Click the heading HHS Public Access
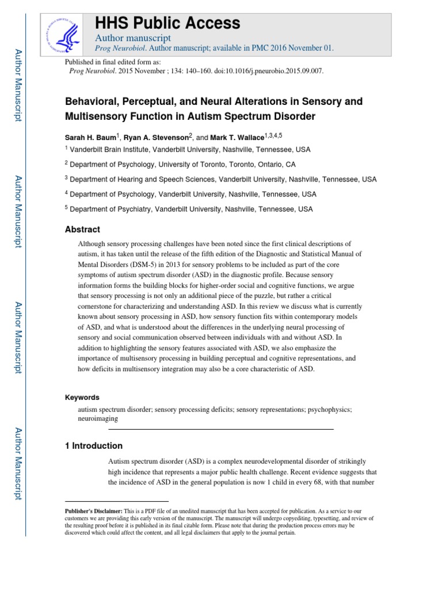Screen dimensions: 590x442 pos(167,23)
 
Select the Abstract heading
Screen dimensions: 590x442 pos(82,229)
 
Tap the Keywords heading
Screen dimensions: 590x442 pos(82,398)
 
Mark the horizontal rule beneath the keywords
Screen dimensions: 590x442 pos(221,430)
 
